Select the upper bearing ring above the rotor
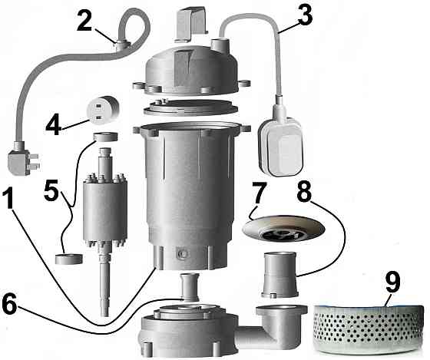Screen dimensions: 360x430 tap(104, 138)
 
